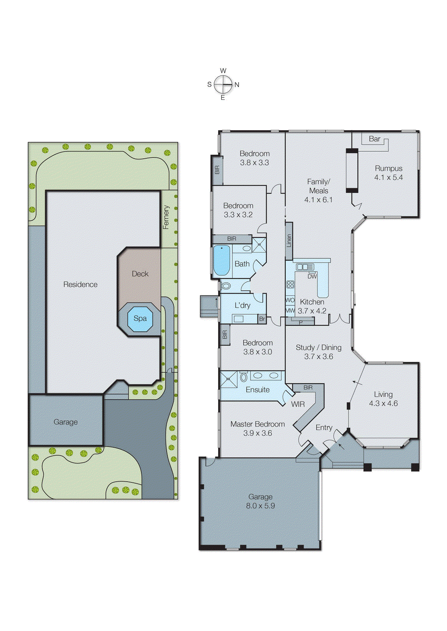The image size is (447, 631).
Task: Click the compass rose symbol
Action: click(x=223, y=84)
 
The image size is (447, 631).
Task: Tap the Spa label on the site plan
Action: click(x=140, y=318)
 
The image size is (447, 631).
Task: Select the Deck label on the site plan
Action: click(x=140, y=274)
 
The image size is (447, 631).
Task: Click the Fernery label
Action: click(x=166, y=217)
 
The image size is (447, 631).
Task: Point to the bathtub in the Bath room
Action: click(x=221, y=260)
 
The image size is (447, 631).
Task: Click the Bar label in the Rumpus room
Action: click(x=374, y=139)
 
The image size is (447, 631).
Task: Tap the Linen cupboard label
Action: click(x=289, y=241)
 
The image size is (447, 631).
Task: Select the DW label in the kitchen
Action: click(x=312, y=276)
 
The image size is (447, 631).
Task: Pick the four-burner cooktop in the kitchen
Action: click(x=290, y=284)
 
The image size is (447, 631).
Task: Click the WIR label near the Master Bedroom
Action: click(x=298, y=404)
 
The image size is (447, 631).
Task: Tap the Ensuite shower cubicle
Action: click(x=229, y=379)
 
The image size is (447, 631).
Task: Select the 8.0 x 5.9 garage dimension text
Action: click(x=260, y=506)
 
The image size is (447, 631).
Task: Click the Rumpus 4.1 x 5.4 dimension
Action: click(x=389, y=177)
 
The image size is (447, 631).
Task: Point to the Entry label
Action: click(x=324, y=428)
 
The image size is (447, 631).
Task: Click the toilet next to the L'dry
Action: click(x=226, y=286)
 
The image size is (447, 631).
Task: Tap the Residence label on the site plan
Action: click(x=80, y=284)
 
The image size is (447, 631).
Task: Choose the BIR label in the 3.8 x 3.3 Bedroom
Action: click(x=217, y=170)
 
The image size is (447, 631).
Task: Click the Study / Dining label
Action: click(x=318, y=347)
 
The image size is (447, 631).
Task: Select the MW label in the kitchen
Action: click(x=290, y=311)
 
